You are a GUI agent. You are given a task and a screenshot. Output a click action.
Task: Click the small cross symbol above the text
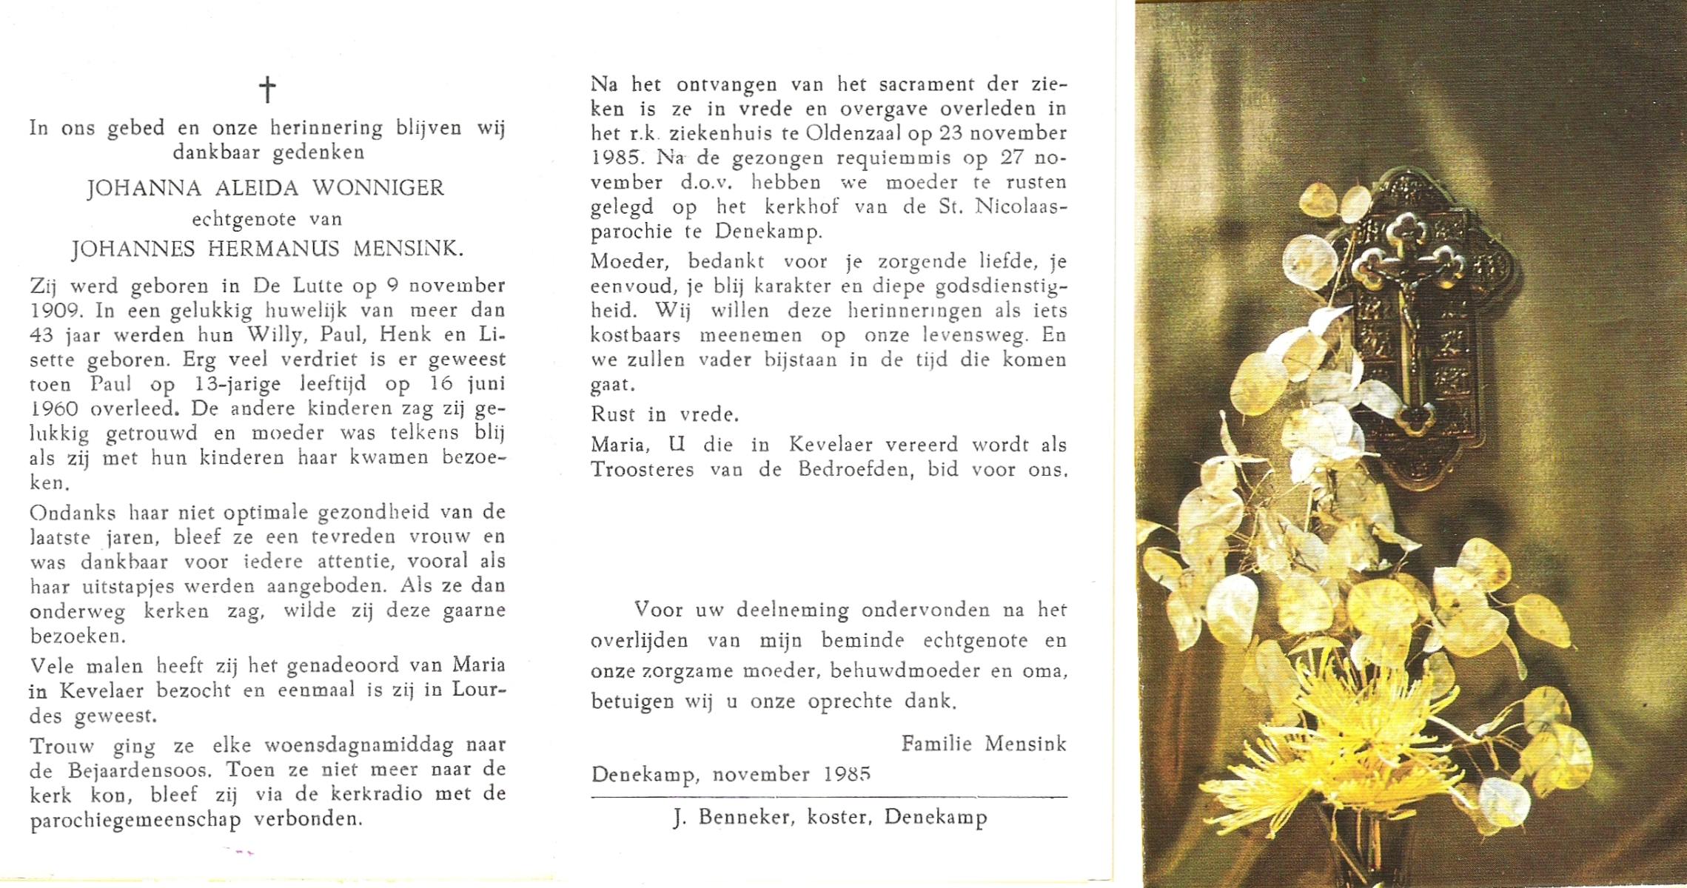click(x=267, y=90)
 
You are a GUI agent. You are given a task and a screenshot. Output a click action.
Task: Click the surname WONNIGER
click(x=378, y=187)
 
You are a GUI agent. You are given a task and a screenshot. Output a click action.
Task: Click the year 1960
click(x=58, y=408)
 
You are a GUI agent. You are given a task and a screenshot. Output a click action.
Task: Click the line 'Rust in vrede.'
click(x=665, y=414)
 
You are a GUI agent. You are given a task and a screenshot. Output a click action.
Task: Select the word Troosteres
click(x=642, y=470)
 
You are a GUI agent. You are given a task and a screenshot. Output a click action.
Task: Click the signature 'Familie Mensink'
click(x=983, y=744)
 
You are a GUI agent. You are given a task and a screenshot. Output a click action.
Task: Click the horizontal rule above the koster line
click(x=829, y=797)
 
